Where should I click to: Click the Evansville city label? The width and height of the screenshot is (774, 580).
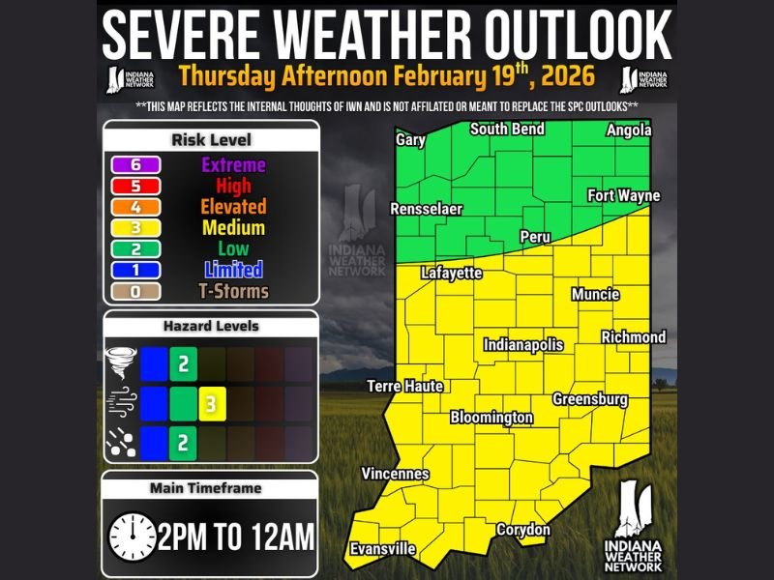pyautogui.click(x=383, y=549)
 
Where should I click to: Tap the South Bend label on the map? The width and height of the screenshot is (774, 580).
pyautogui.click(x=507, y=130)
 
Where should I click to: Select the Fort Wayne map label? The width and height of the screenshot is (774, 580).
pyautogui.click(x=623, y=196)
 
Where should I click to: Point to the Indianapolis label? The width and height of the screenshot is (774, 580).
pyautogui.click(x=522, y=345)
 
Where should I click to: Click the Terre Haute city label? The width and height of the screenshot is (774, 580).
pyautogui.click(x=404, y=387)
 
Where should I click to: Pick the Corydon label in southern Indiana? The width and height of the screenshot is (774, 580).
pyautogui.click(x=522, y=530)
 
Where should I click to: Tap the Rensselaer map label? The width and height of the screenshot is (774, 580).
pyautogui.click(x=426, y=209)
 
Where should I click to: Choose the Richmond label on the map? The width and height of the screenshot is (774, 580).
pyautogui.click(x=634, y=337)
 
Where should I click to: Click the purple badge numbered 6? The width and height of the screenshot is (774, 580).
pyautogui.click(x=135, y=165)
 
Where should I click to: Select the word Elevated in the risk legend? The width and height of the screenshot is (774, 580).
pyautogui.click(x=232, y=207)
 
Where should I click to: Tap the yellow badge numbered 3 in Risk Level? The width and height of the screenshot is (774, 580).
pyautogui.click(x=135, y=228)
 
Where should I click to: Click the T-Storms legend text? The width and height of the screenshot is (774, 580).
pyautogui.click(x=232, y=291)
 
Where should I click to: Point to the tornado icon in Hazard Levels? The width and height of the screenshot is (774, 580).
pyautogui.click(x=121, y=364)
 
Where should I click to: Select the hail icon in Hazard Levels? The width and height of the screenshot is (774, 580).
pyautogui.click(x=121, y=444)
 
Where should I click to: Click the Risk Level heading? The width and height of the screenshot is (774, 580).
pyautogui.click(x=211, y=139)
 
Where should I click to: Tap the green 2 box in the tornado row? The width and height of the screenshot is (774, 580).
pyautogui.click(x=183, y=364)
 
